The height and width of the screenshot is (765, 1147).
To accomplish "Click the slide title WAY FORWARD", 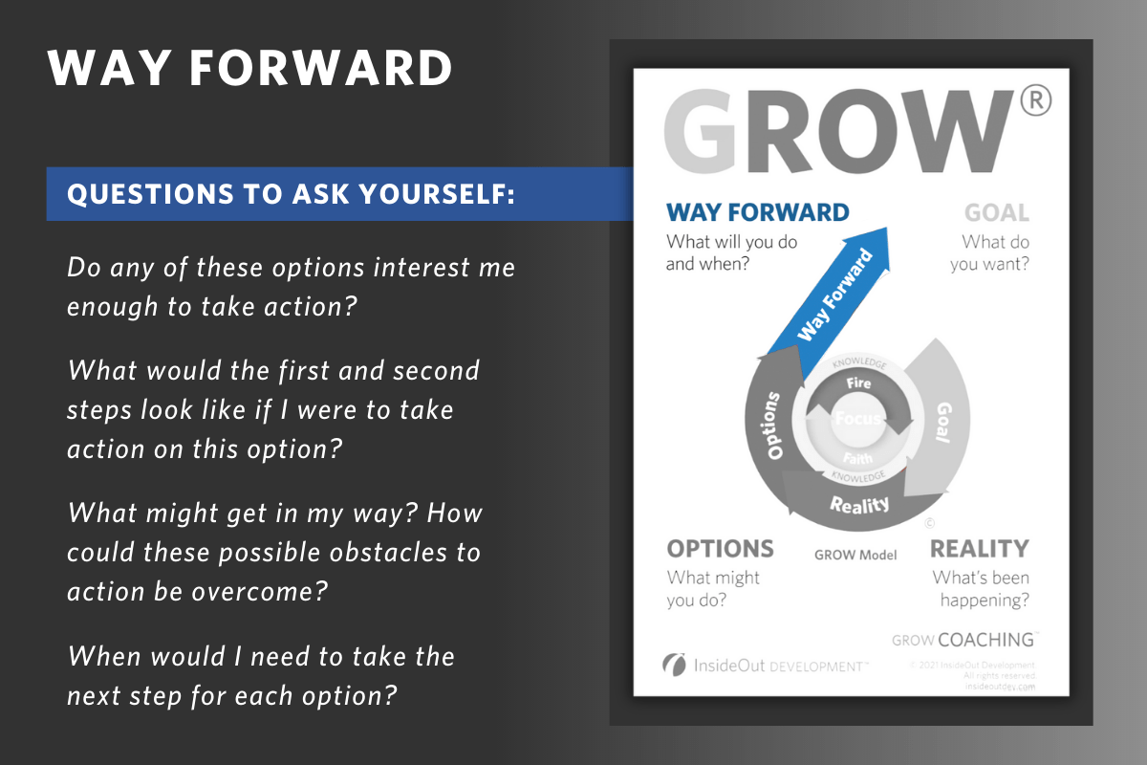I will (250, 68).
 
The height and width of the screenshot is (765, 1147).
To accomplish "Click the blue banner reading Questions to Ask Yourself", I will (291, 194).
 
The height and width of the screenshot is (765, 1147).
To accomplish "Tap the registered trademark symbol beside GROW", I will (1034, 99).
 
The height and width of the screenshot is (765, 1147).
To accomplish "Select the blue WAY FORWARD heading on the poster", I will (757, 212).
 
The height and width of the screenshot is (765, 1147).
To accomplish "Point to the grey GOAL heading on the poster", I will (996, 212).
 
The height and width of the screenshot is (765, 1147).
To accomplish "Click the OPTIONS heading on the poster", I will (720, 549).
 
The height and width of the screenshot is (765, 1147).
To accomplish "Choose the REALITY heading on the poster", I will (979, 549).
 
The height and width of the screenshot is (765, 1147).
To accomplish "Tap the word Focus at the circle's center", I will (857, 419).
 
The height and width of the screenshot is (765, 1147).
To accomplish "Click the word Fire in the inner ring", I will (857, 382).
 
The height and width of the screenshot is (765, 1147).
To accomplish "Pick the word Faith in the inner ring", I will (857, 458).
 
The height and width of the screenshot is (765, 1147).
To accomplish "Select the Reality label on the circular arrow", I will (859, 504).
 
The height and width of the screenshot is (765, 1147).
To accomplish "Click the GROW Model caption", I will (855, 555).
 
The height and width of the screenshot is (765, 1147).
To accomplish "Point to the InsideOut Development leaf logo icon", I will (675, 665).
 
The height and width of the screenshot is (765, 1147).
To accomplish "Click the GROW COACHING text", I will (963, 640).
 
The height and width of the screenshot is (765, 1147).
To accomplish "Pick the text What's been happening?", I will (982, 589).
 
